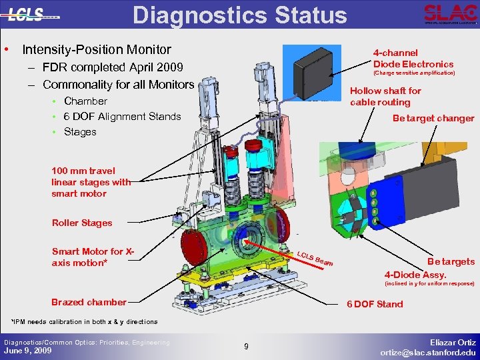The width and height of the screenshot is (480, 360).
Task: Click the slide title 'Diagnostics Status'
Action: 240,15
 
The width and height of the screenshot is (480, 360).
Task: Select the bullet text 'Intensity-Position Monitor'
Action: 97,50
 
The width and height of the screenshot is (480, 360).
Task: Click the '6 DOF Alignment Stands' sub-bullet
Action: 122,117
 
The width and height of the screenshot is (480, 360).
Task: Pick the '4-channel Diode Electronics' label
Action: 413,58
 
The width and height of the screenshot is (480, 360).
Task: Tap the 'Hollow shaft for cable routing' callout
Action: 385,97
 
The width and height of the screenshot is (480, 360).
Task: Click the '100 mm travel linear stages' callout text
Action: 91,181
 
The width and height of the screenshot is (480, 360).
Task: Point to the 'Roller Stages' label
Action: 82,223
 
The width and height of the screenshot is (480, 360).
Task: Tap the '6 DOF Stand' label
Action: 375,304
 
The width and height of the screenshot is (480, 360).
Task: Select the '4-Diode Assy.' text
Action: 415,274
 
